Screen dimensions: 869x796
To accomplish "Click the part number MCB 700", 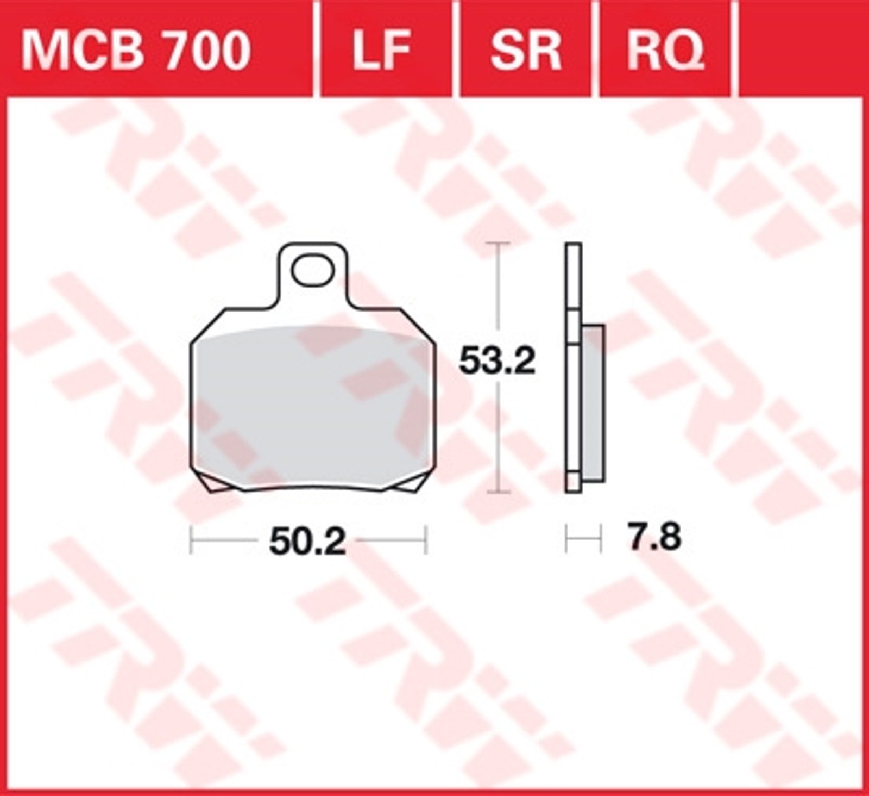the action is coord(136,51).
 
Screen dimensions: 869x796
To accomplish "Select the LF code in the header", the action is coord(382,51).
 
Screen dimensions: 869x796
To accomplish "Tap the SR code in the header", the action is coord(525,51).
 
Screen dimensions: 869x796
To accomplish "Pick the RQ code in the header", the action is coord(665,51).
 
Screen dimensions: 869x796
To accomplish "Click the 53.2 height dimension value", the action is coord(498,360).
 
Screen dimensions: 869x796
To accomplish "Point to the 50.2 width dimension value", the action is coord(307,542).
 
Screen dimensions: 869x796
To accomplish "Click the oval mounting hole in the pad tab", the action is coord(312,270).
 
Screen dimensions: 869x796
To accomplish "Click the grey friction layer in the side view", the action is coord(593,403).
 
